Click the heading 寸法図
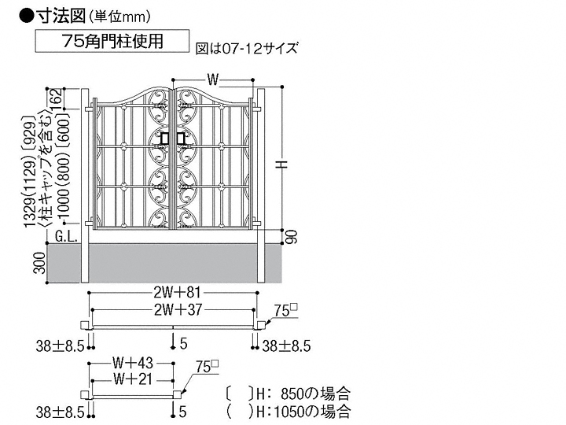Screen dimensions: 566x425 60,16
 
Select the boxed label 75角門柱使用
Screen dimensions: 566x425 112,41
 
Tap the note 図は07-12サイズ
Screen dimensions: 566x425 247,48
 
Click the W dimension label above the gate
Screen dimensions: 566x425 213,79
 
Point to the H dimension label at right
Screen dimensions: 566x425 282,164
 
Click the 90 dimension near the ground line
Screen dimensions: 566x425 292,237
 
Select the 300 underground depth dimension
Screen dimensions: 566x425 40,263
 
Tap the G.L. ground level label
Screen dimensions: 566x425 66,237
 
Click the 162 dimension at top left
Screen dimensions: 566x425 58,98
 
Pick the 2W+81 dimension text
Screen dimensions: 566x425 177,293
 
